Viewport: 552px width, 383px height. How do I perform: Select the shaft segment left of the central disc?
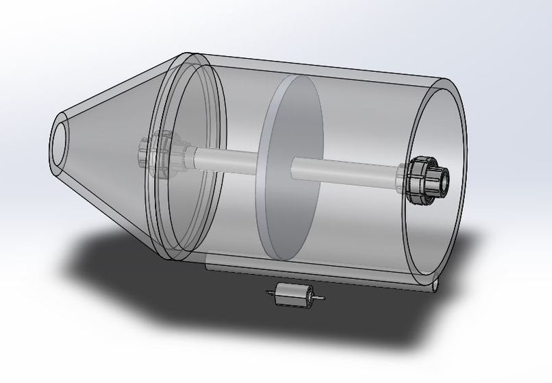tap(226, 158)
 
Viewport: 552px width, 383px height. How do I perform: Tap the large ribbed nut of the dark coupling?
tap(418, 180)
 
